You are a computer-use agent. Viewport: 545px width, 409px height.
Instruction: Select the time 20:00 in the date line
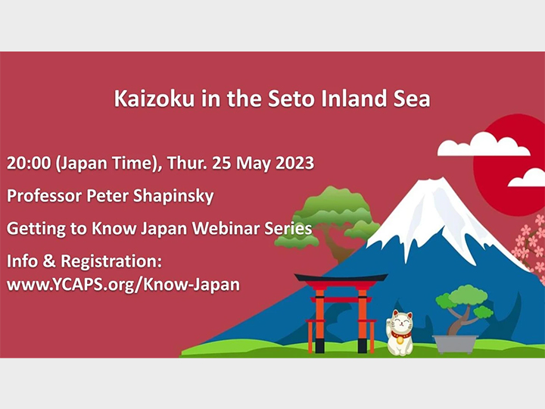click(x=28, y=164)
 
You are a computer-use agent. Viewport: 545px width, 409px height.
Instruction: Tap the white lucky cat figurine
click(x=400, y=333)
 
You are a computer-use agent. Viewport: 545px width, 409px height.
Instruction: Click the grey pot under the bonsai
click(x=456, y=343)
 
